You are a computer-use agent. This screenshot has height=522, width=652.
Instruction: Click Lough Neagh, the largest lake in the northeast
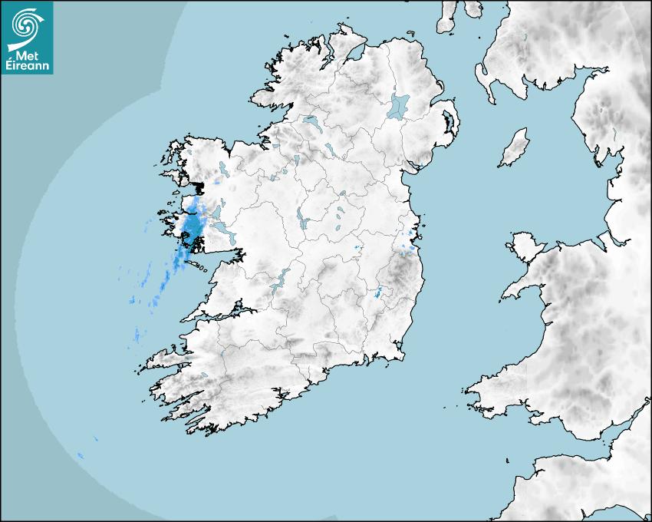coord(399,106)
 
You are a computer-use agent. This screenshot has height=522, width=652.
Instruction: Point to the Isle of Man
coord(515,147)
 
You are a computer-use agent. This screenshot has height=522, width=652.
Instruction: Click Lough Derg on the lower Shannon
coord(279,280)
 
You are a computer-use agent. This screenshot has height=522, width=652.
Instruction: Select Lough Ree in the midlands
coord(304,222)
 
